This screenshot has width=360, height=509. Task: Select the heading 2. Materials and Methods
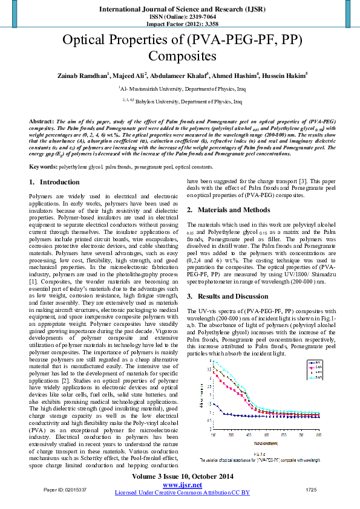pos(227,210)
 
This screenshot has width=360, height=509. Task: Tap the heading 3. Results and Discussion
pos(228,296)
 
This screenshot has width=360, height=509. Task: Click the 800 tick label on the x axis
pos(318,434)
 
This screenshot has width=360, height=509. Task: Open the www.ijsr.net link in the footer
pos(182,485)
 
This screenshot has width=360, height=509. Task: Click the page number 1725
pos(311,489)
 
